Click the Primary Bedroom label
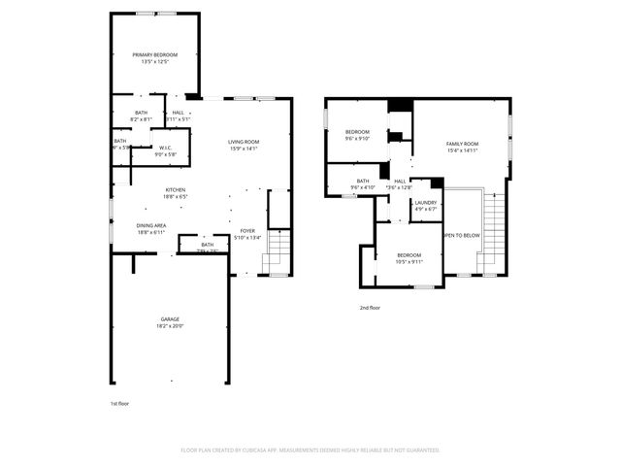coord(155,54)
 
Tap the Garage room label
coord(170,319)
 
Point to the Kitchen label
coord(176,189)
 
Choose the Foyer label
coord(248,231)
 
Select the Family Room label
coord(462,144)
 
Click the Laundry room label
coord(426,202)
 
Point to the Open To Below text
coord(461,235)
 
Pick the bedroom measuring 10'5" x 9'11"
coord(409,261)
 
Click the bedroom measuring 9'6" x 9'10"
coord(358,138)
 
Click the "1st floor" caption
coord(119,403)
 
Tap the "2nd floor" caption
coord(369,307)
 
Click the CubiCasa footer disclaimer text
coord(310,450)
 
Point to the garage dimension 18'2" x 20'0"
coord(170,326)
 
